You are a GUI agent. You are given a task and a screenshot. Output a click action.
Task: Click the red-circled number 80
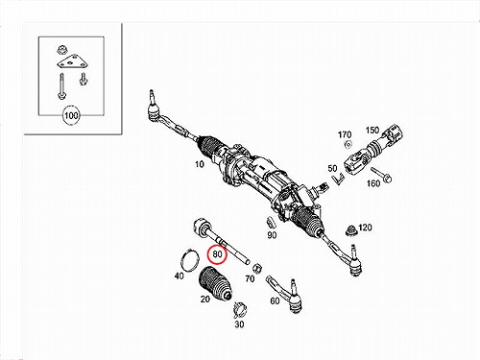(x=217, y=254)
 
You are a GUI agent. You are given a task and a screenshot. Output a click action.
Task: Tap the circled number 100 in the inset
(x=71, y=115)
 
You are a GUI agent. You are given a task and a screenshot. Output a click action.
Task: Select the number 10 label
(x=200, y=164)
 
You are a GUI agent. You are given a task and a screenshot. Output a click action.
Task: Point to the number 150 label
(x=372, y=131)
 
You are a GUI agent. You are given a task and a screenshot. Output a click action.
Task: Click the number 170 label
(x=345, y=134)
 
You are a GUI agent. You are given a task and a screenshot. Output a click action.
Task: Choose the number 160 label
(x=373, y=183)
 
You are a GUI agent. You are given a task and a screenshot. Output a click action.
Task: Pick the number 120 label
(x=365, y=228)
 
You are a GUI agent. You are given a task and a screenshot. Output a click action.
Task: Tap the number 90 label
(x=272, y=235)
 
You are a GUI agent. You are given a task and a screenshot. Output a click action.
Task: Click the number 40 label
(x=180, y=276)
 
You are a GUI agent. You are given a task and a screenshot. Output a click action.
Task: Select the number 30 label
(x=239, y=324)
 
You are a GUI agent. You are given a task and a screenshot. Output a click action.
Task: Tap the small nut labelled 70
(x=257, y=269)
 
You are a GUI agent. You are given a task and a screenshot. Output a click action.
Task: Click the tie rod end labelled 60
(x=285, y=294)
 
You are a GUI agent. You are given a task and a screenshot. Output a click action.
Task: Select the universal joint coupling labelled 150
(x=373, y=151)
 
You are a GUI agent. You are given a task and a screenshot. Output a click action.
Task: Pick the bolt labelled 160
(x=381, y=175)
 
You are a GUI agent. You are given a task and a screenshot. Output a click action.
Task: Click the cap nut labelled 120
(x=351, y=230)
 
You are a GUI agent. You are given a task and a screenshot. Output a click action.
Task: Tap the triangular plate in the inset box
(x=73, y=62)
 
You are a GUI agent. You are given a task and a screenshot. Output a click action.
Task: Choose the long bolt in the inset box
(x=60, y=86)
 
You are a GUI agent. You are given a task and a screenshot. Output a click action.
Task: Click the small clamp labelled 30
(x=240, y=309)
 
